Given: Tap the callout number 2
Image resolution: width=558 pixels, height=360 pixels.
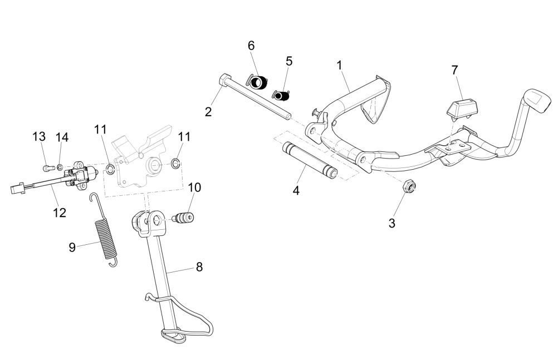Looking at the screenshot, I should coord(208,111).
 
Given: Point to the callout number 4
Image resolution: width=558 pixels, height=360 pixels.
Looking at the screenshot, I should coord(296,190).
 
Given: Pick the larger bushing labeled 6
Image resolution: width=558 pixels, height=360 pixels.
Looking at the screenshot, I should coord(258,82).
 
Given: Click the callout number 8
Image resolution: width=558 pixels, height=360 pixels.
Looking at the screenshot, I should coord(199,267).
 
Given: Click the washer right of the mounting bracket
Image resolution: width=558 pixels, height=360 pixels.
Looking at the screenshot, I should coord(176,164).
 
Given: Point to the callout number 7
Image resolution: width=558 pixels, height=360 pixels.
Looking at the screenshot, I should coord(454,70).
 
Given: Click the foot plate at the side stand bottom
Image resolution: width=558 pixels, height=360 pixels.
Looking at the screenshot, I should coord(173,334).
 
